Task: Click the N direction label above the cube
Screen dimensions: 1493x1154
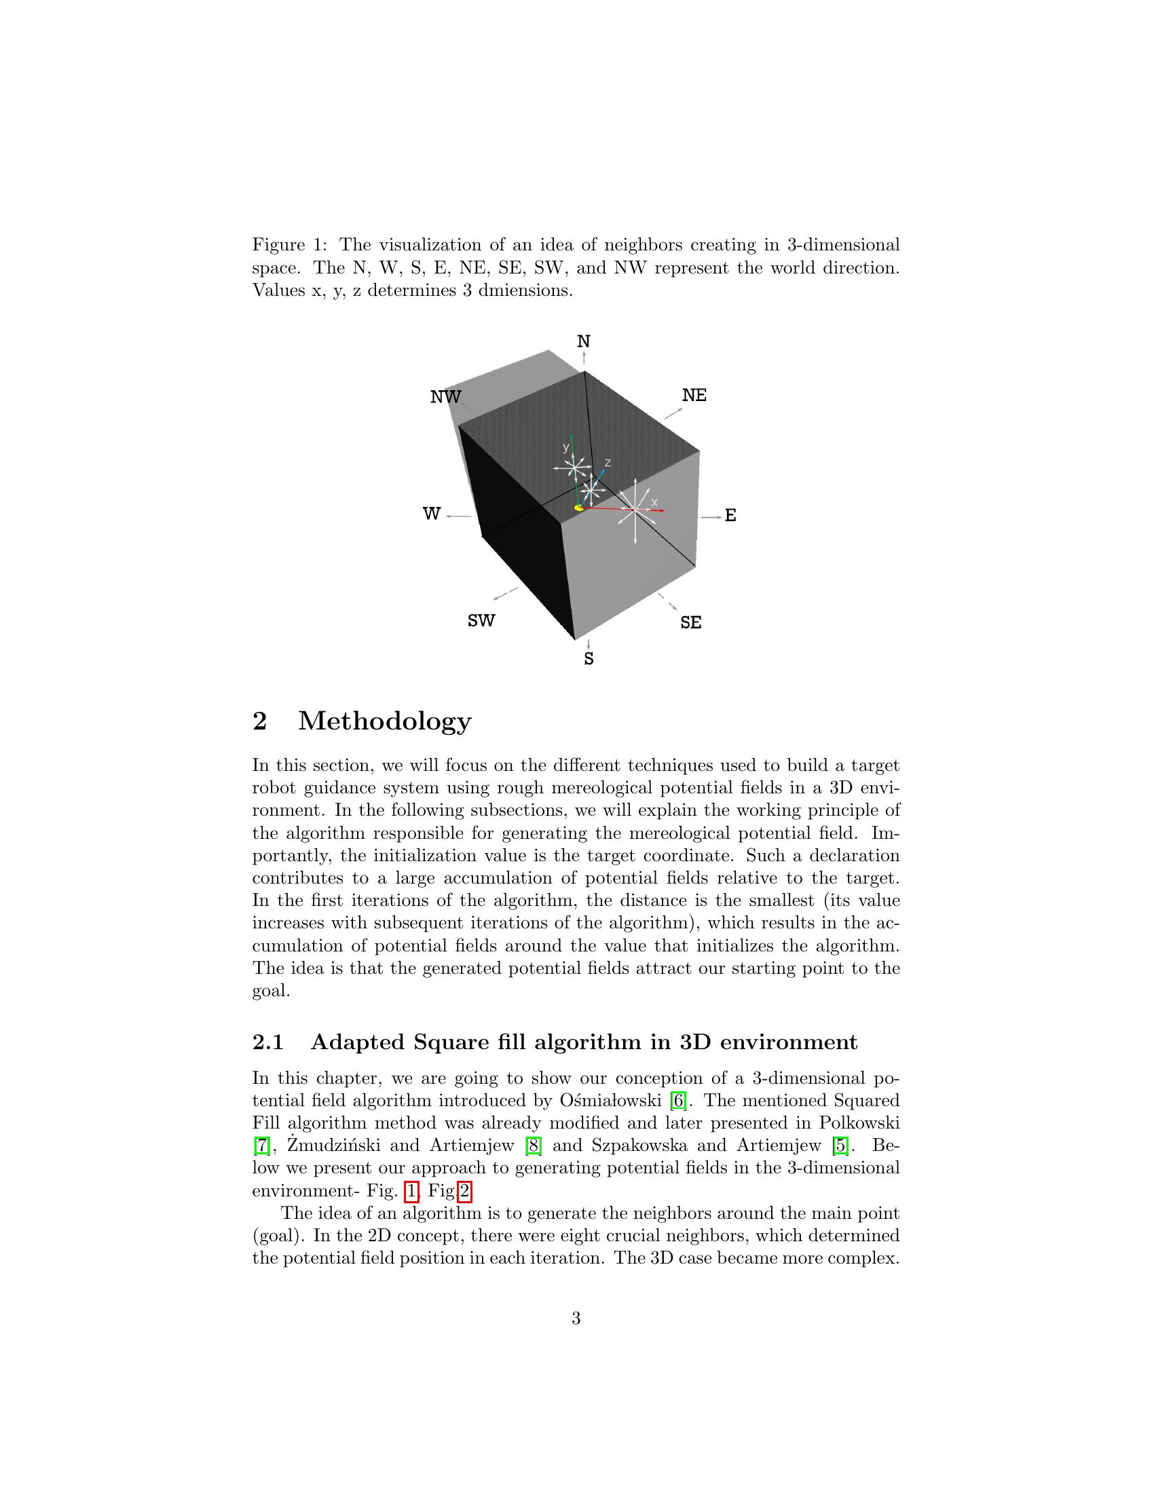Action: coord(583,341)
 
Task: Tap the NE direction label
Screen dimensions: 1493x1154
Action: coord(694,395)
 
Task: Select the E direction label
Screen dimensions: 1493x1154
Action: coord(730,516)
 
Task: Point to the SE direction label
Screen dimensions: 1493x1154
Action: coord(690,623)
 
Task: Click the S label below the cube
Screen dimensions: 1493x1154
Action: coord(589,659)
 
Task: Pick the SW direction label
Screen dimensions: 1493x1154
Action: coord(481,621)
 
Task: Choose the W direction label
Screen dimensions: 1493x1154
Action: coord(431,514)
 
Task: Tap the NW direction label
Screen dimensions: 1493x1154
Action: coord(446,396)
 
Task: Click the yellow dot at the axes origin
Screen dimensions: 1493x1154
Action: coord(578,508)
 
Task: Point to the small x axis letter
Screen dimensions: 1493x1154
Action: coord(654,502)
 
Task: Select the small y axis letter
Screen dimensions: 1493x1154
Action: coord(565,447)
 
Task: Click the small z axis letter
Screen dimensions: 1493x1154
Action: coord(608,463)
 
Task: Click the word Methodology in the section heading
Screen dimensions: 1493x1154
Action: coord(384,721)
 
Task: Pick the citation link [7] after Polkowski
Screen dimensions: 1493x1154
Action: coord(261,1145)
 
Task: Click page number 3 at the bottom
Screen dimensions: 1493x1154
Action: coord(576,1319)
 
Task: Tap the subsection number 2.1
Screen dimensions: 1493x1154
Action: coord(268,1042)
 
